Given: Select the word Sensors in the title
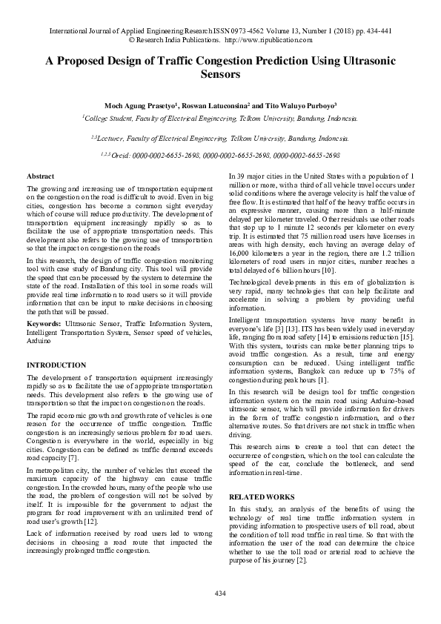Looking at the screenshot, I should pos(220,75).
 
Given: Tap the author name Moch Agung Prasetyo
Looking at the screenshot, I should pos(144,105).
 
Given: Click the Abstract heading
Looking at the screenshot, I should pos(40,176).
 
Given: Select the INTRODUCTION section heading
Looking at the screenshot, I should pos(56,365).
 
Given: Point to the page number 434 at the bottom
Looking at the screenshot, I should pos(220,594).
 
